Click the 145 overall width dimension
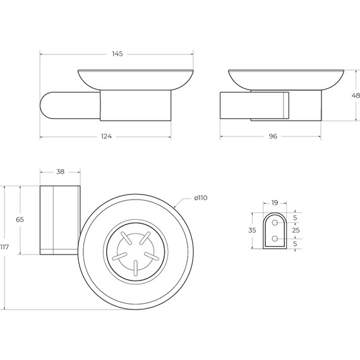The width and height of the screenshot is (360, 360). pyautogui.click(x=117, y=54)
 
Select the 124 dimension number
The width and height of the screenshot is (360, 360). pyautogui.click(x=105, y=138)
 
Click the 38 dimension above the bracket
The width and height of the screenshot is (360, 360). pyautogui.click(x=60, y=172)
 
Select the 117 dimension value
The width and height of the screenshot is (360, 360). pyautogui.click(x=5, y=247)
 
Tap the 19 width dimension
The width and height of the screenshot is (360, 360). pyautogui.click(x=275, y=203)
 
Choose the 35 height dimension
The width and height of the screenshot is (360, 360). pyautogui.click(x=252, y=231)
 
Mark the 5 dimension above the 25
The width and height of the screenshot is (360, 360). pyautogui.click(x=295, y=218)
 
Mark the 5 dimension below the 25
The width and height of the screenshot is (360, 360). pyautogui.click(x=295, y=244)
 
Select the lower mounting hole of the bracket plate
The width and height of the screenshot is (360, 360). pyautogui.click(x=275, y=239)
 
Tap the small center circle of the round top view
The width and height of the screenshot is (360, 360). pyautogui.click(x=135, y=251)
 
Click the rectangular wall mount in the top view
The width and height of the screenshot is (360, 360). pyautogui.click(x=60, y=220)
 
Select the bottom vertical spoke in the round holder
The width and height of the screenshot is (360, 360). pyautogui.click(x=135, y=268)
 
